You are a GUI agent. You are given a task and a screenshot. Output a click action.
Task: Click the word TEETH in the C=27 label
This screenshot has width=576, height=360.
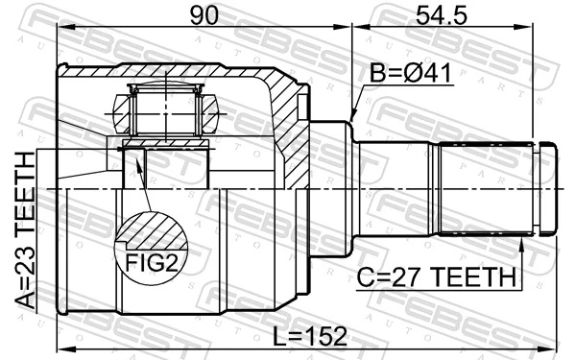475,277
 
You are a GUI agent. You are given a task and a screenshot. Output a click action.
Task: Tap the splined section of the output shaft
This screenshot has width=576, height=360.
485,188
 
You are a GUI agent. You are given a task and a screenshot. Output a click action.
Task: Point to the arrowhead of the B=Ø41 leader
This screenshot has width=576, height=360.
352,118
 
